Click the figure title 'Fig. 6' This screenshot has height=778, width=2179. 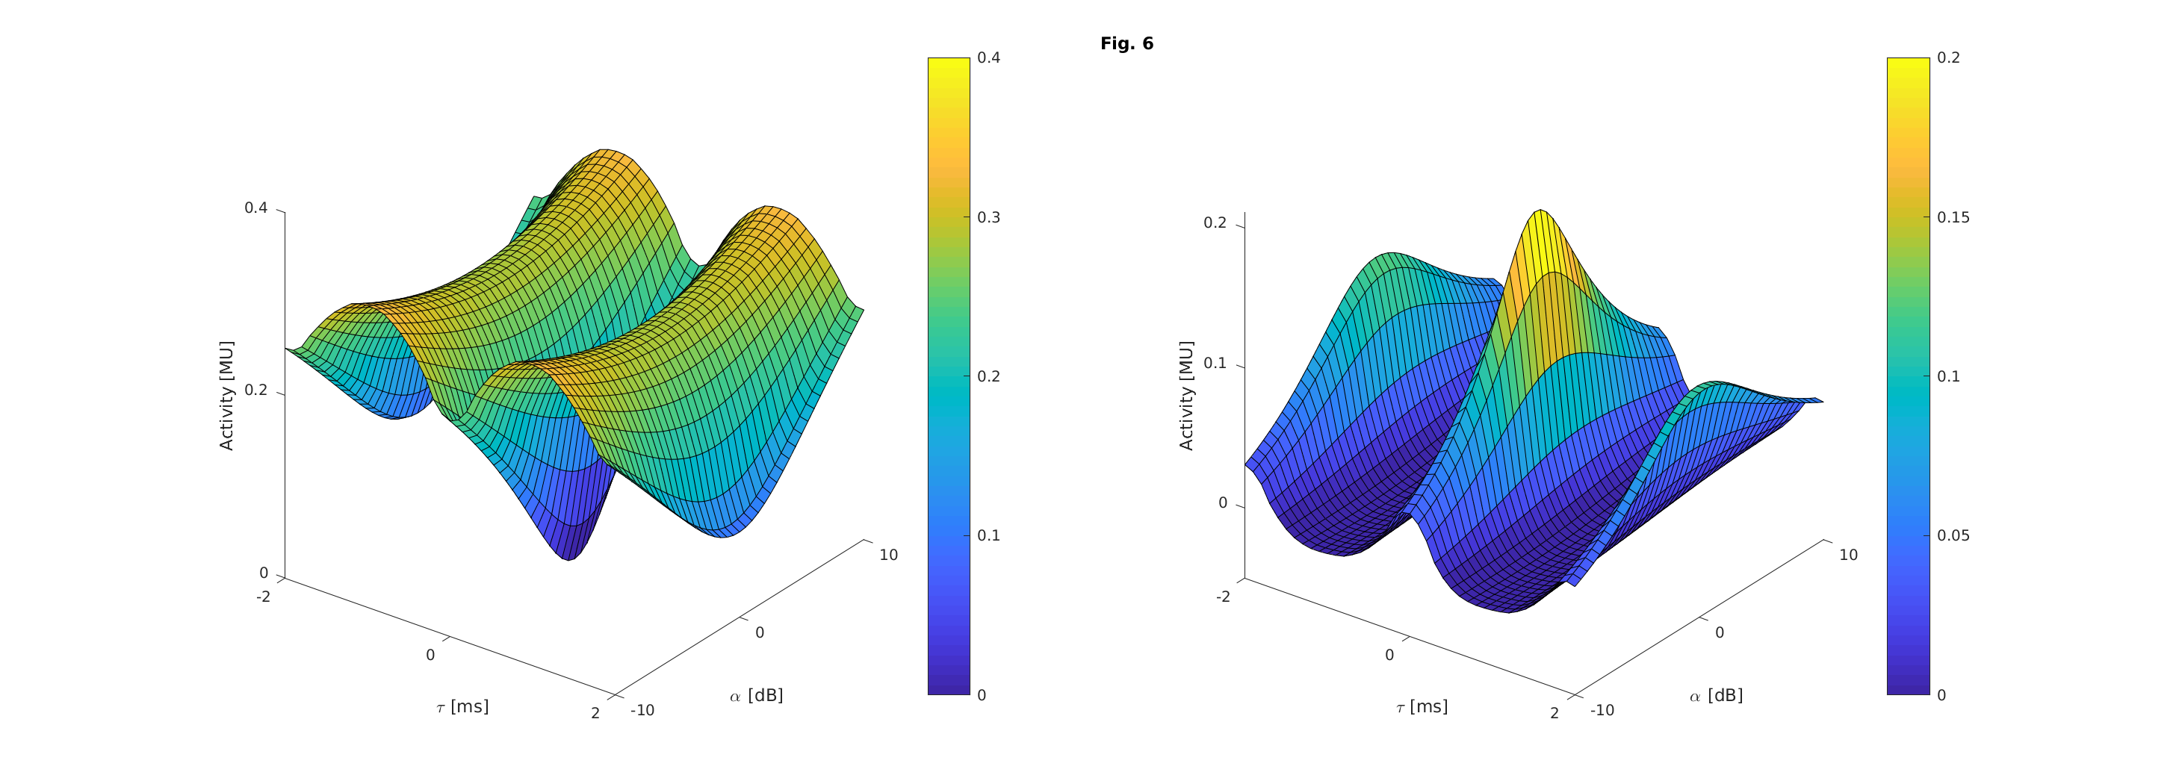coord(1126,44)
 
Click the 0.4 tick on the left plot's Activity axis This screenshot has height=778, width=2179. coord(256,208)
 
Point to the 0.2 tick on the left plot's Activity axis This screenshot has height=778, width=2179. coord(256,390)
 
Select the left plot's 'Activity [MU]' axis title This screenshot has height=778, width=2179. coord(226,395)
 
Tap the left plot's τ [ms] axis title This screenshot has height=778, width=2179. coord(462,707)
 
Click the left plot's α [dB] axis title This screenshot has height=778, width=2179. coord(756,695)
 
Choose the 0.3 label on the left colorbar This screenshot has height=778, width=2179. coord(988,217)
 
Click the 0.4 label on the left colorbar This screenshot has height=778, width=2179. coord(988,57)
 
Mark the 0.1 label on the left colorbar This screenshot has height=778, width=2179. coord(988,535)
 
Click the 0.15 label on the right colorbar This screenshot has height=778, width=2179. coord(1953,217)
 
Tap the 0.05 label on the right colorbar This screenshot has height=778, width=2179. coord(1953,535)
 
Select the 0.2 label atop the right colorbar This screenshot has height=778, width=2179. coord(1948,57)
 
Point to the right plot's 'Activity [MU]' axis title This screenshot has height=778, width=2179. coord(1187,395)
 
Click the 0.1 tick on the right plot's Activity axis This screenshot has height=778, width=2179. coord(1215,364)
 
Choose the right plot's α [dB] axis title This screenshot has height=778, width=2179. coord(1717,695)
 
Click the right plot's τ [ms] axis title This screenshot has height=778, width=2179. coord(1422,707)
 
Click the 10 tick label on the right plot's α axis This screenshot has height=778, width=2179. coord(1848,555)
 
